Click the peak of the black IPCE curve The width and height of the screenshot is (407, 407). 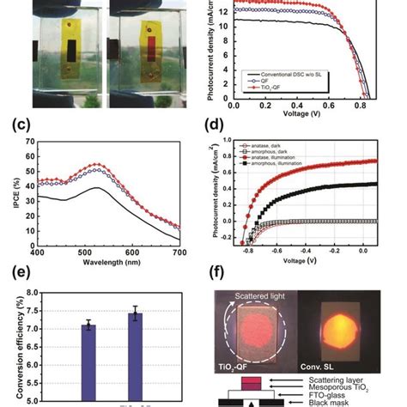point(100,188)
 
